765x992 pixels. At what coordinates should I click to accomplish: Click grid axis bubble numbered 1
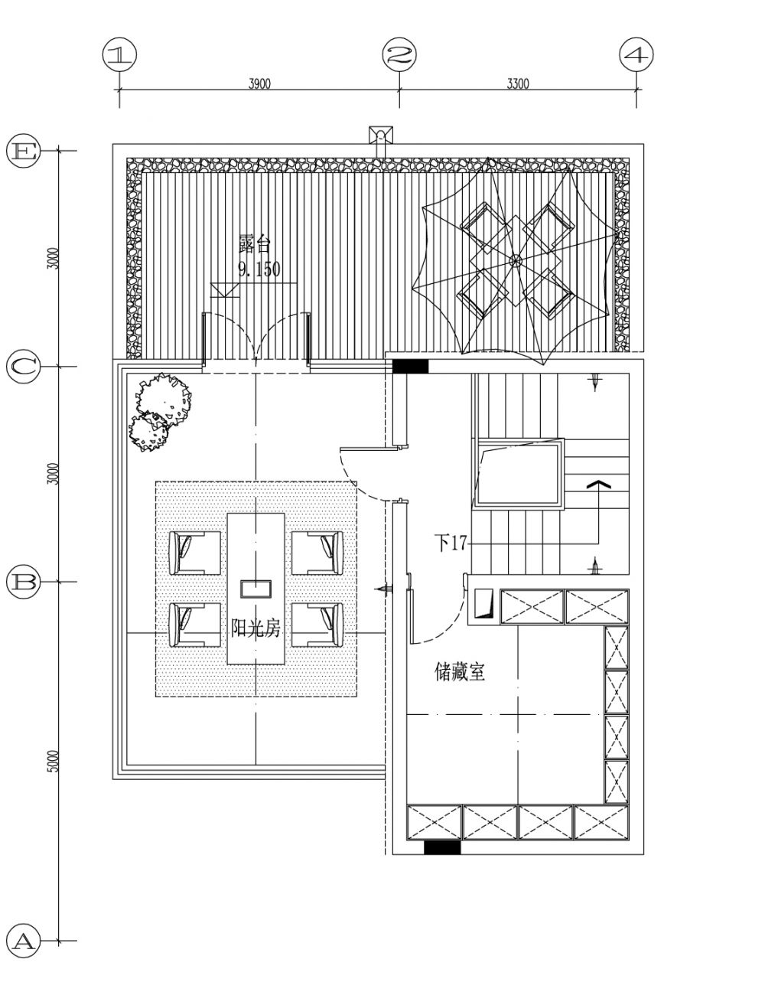119,54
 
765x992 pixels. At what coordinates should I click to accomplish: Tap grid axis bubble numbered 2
399,54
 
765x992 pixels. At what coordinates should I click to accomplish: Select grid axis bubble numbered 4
636,54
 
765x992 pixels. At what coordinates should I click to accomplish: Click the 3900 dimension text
259,83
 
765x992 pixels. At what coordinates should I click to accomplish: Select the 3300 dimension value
518,83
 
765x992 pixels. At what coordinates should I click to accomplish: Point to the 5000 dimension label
54,761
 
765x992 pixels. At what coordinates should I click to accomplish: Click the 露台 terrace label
254,245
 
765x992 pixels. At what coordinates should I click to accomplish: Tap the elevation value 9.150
259,269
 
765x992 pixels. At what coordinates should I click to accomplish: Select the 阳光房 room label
256,629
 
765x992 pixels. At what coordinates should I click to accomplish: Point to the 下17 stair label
451,543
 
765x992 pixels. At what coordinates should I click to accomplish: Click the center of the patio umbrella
515,261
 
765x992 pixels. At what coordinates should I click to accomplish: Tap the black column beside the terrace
411,366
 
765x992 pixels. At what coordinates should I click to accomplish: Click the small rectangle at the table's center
256,589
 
